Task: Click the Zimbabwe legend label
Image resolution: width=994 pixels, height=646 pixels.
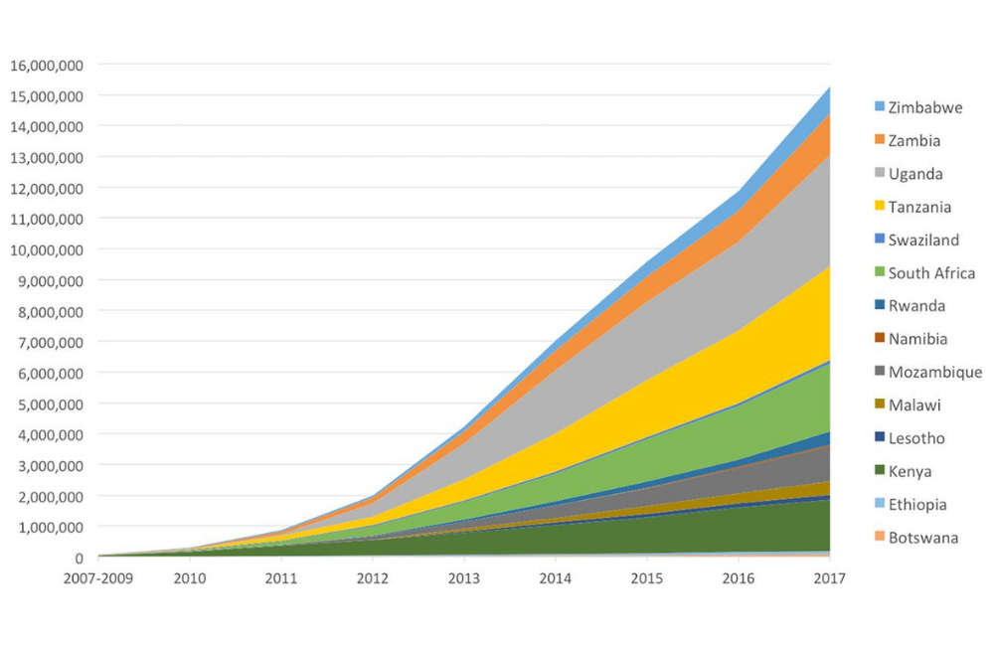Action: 924,107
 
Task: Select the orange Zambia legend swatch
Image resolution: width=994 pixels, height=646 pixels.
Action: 879,140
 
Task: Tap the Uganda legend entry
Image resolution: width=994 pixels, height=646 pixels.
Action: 915,174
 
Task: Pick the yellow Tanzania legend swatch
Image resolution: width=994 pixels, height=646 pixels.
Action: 879,207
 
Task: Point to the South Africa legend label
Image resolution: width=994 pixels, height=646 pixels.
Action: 931,273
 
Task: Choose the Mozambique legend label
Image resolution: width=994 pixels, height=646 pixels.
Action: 935,372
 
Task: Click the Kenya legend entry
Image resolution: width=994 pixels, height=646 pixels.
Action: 911,471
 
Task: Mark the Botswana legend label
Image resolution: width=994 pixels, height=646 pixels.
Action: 923,538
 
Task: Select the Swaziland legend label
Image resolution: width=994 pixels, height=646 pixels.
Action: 923,240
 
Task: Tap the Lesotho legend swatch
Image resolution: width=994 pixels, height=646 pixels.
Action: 879,438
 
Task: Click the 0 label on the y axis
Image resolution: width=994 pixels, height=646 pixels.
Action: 78,558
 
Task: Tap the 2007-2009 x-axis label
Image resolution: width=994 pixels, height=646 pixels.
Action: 99,578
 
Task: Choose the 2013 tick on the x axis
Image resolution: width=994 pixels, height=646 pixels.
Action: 464,578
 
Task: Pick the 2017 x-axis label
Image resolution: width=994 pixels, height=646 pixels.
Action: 829,578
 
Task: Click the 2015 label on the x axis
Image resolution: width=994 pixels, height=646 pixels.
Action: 647,578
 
